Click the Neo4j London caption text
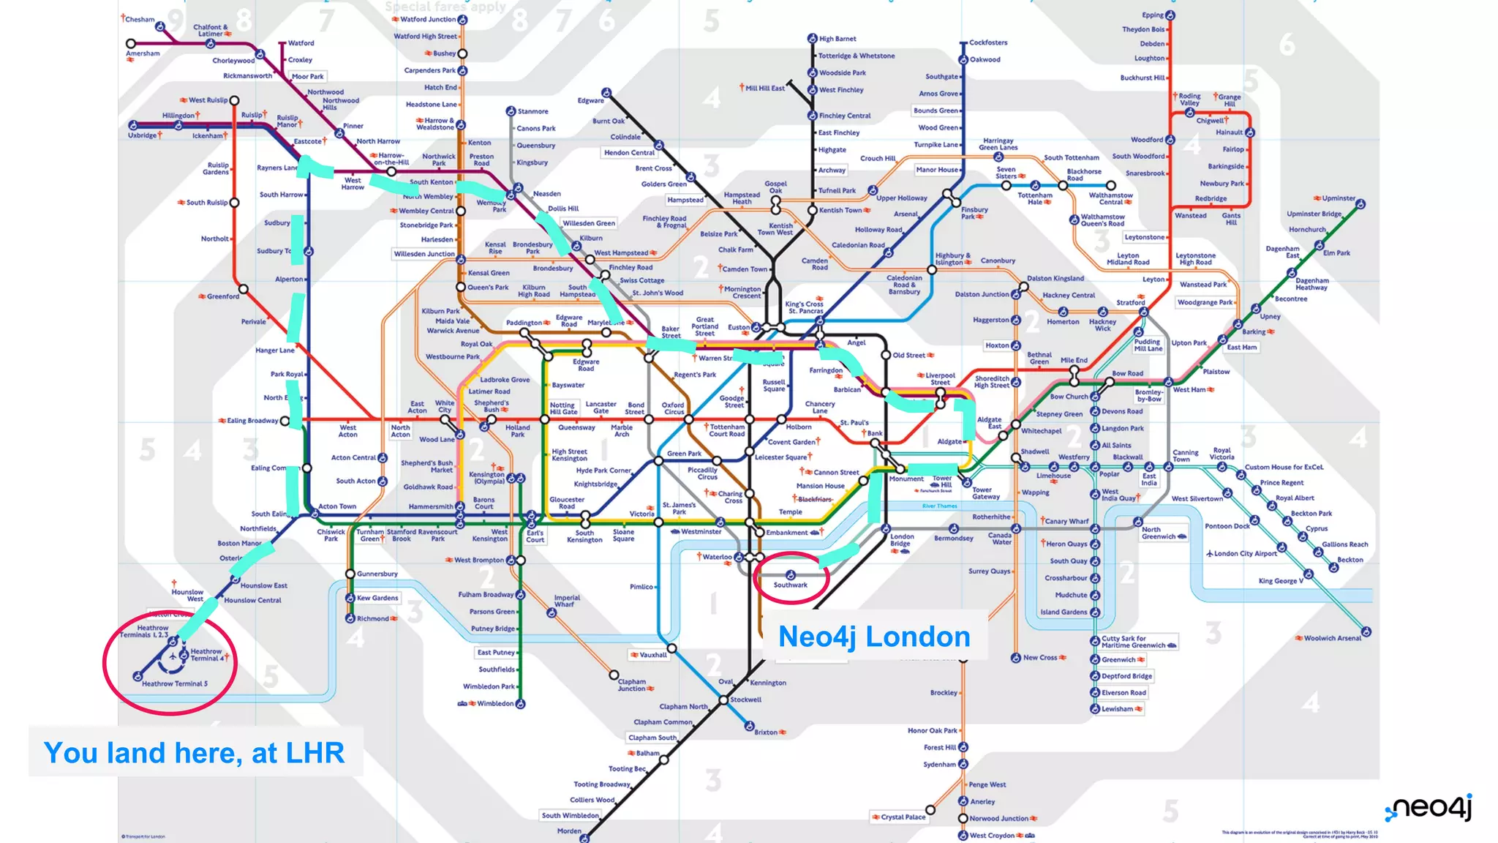click(x=874, y=637)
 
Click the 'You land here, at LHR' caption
click(x=194, y=753)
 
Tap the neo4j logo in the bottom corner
click(x=1429, y=808)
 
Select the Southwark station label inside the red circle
click(x=791, y=585)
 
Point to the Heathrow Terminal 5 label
click(x=175, y=683)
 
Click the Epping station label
click(x=1153, y=15)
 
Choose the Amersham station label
click(x=143, y=53)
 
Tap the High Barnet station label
click(x=838, y=39)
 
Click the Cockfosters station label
click(x=988, y=42)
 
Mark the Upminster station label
click(x=1339, y=198)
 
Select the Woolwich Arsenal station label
click(x=1333, y=638)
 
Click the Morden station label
click(x=569, y=831)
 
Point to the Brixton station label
click(x=766, y=732)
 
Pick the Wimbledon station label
click(x=495, y=703)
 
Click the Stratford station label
click(x=1130, y=302)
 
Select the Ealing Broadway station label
click(x=252, y=421)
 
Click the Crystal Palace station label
click(x=903, y=817)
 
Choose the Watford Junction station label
click(x=428, y=20)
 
